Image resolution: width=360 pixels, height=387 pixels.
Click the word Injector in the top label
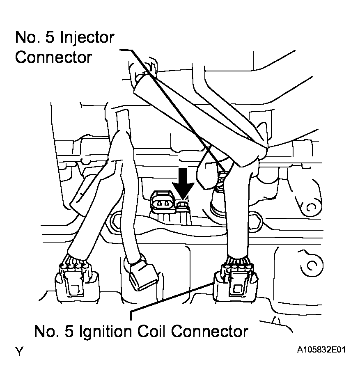(x=87, y=38)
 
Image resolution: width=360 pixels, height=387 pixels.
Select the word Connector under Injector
(x=53, y=57)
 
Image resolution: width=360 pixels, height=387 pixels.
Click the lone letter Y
(x=18, y=352)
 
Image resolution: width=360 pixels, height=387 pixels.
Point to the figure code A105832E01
(x=321, y=351)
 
